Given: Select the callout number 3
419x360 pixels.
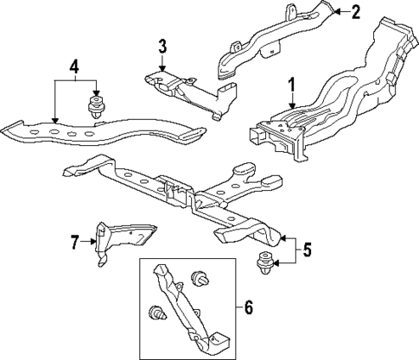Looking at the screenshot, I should click(161, 46).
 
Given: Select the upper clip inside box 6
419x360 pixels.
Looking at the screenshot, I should click(204, 279).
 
